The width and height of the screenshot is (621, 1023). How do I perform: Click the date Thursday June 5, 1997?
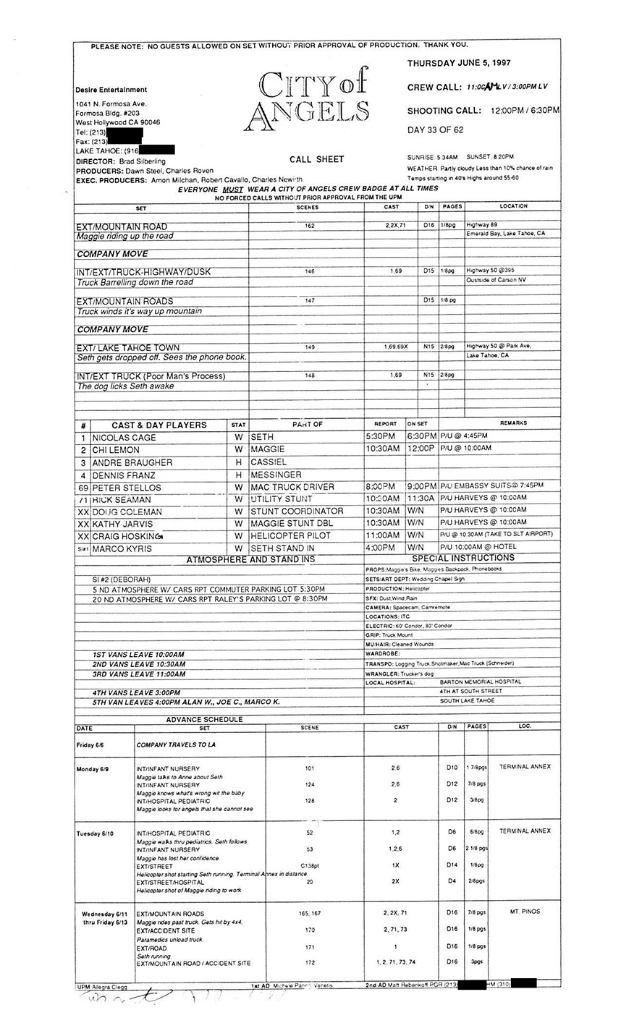pyautogui.click(x=459, y=64)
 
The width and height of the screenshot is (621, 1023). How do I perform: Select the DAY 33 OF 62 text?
pyautogui.click(x=435, y=130)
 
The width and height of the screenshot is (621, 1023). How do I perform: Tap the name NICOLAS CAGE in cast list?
pyautogui.click(x=124, y=438)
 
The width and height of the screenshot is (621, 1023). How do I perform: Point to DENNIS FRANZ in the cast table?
pyautogui.click(x=122, y=475)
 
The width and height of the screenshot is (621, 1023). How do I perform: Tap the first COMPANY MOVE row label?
pyautogui.click(x=112, y=254)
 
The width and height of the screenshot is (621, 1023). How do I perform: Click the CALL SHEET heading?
pyautogui.click(x=316, y=159)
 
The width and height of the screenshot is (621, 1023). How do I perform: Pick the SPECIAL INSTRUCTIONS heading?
pyautogui.click(x=463, y=559)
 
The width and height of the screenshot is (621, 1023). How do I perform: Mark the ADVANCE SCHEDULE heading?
pyautogui.click(x=205, y=719)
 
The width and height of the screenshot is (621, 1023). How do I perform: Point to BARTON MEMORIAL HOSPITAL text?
pyautogui.click(x=480, y=682)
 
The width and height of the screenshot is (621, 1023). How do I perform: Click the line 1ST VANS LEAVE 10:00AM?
pyautogui.click(x=138, y=654)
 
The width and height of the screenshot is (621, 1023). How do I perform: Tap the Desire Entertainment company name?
pyautogui.click(x=111, y=90)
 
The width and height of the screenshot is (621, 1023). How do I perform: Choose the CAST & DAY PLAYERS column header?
pyautogui.click(x=159, y=425)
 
